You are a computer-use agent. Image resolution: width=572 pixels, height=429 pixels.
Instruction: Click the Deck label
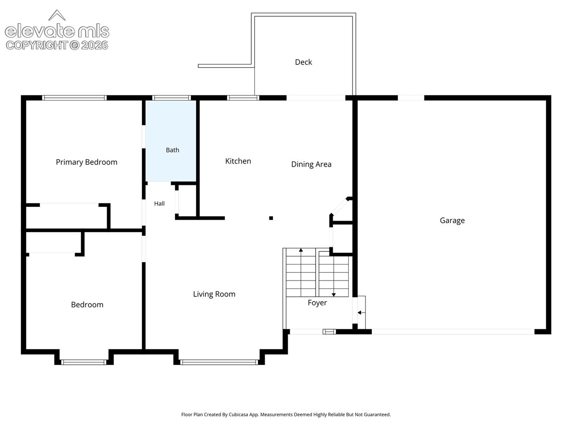(x=303, y=62)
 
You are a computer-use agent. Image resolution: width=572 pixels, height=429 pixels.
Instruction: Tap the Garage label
(x=452, y=220)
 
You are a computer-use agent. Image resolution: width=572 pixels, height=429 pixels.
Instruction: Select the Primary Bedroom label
(x=87, y=162)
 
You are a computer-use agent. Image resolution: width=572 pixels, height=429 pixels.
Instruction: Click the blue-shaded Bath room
(x=171, y=141)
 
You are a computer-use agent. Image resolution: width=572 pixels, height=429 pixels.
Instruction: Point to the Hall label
(x=159, y=203)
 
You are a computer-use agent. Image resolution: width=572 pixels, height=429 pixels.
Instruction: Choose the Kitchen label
(x=238, y=161)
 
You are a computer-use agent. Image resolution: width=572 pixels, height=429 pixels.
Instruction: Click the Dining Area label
(x=311, y=164)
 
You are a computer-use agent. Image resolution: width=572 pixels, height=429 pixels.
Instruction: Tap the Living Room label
(x=214, y=294)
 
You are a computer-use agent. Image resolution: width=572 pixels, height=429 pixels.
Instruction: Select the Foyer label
(x=317, y=303)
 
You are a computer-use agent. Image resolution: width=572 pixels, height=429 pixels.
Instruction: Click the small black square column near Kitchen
(x=271, y=218)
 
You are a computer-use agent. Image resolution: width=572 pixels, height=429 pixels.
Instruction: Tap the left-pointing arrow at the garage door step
(x=361, y=313)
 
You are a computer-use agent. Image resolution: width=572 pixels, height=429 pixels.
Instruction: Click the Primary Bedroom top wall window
(x=74, y=98)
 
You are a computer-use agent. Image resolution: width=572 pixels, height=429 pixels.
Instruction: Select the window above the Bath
(x=172, y=98)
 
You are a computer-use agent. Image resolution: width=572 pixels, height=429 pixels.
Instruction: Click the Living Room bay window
(x=219, y=362)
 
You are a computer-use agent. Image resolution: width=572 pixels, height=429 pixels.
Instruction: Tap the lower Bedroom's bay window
(x=84, y=362)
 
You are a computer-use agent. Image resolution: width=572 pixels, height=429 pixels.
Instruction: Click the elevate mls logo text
(x=57, y=31)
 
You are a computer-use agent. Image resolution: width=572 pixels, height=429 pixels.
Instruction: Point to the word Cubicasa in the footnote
(x=238, y=415)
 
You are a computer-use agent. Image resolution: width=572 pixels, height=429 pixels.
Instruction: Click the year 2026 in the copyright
(x=95, y=45)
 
